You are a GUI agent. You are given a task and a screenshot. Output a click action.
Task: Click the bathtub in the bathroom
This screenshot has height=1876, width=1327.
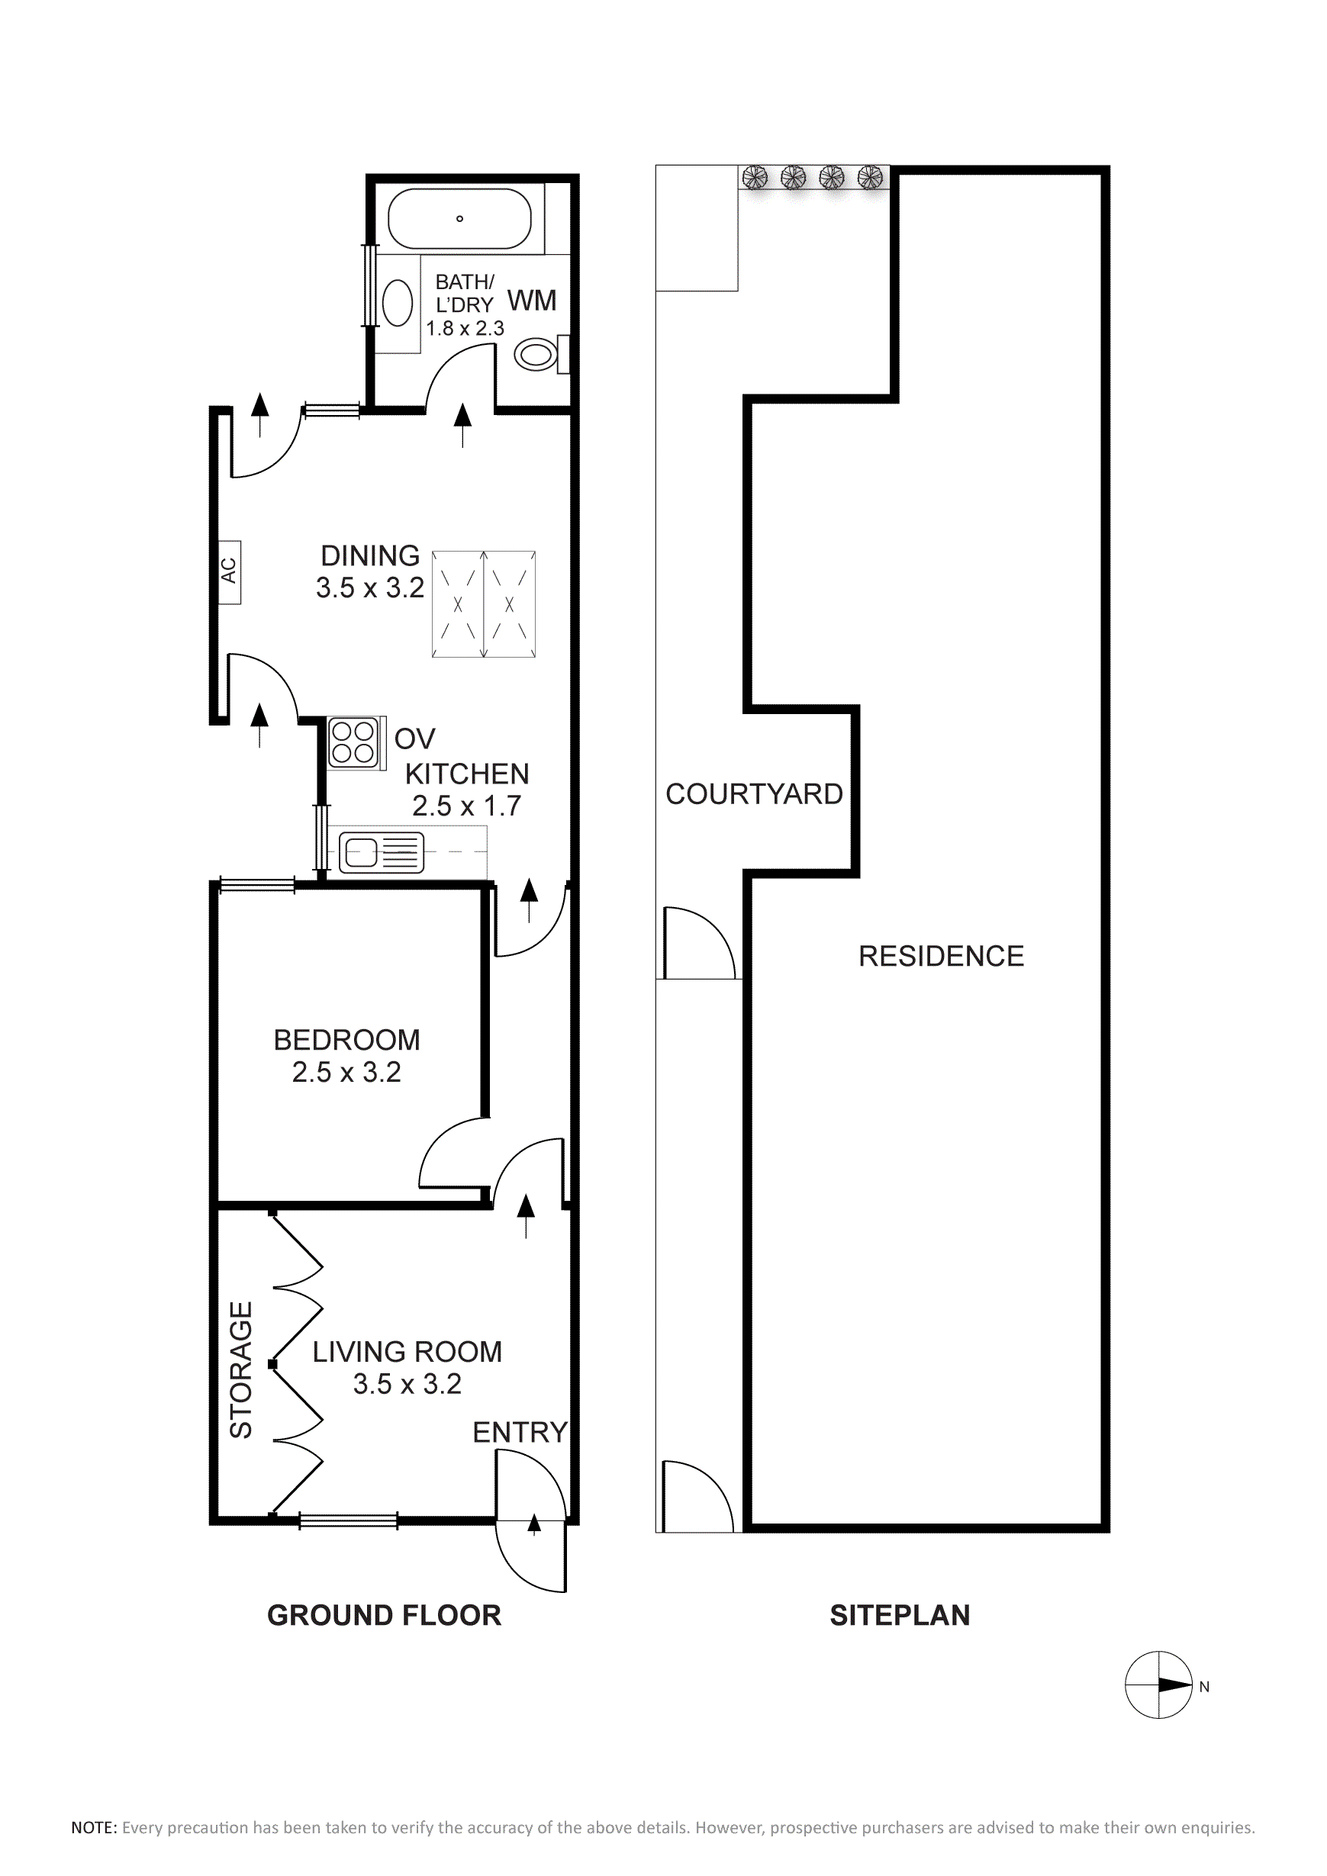tap(459, 219)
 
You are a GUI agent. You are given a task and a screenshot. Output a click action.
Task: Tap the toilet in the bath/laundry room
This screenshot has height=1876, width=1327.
tap(541, 355)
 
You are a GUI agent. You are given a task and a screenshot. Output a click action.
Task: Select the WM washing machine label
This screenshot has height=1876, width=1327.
tap(532, 301)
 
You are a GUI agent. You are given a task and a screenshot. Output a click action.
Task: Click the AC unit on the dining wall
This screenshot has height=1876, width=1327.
tap(230, 572)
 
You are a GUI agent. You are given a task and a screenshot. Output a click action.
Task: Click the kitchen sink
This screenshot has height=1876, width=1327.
tap(382, 852)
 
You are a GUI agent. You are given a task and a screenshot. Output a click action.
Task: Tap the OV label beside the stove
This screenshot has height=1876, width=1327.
tap(414, 738)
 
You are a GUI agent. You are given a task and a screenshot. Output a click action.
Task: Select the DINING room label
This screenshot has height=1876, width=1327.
tap(370, 555)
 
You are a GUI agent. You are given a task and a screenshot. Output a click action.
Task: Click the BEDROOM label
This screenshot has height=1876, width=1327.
tap(346, 1040)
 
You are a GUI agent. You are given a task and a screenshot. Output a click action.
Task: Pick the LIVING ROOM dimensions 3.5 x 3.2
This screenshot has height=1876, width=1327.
tap(407, 1383)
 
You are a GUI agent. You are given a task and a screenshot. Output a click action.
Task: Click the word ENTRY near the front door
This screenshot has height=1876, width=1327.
tap(520, 1431)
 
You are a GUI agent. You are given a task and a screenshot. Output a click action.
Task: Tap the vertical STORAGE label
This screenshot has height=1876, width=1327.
tap(240, 1369)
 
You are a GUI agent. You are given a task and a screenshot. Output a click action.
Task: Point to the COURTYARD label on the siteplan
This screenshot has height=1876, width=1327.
tap(753, 793)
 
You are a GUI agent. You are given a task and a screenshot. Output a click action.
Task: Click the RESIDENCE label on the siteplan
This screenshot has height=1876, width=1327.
tap(941, 956)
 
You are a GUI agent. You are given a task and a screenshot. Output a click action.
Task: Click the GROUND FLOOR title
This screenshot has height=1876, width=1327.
tap(384, 1615)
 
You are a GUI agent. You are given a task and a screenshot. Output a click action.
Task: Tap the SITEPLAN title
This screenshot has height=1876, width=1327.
tap(900, 1615)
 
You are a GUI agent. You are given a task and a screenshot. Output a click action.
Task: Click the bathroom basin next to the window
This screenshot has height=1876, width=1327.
tap(398, 302)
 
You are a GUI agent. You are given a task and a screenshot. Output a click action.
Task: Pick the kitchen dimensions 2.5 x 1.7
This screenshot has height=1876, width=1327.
tap(466, 806)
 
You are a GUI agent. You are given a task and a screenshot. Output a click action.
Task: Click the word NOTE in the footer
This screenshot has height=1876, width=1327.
tap(94, 1828)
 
